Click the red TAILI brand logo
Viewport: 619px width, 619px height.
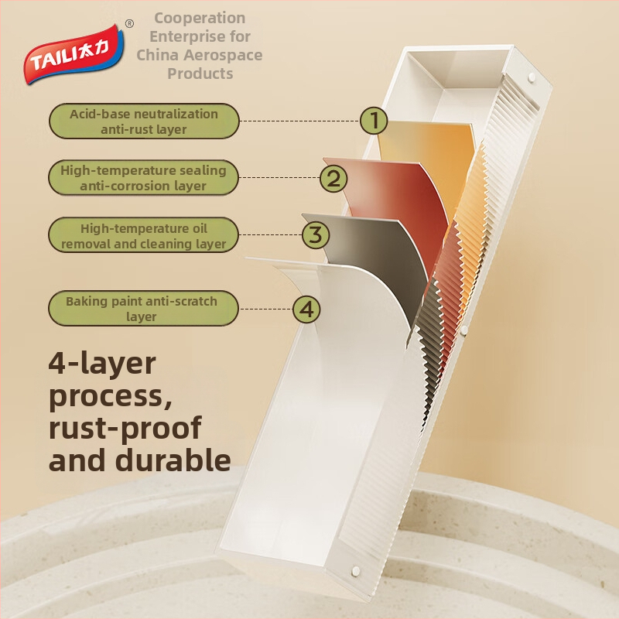pyautogui.click(x=74, y=54)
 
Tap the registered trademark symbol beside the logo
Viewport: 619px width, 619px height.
pyautogui.click(x=129, y=24)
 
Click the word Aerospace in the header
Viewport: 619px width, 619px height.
pyautogui.click(x=225, y=55)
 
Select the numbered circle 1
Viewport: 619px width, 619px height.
pyautogui.click(x=374, y=121)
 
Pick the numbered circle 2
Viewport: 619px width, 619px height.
pyautogui.click(x=333, y=178)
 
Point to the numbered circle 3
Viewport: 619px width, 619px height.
pyautogui.click(x=316, y=235)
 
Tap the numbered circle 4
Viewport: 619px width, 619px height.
pyautogui.click(x=306, y=309)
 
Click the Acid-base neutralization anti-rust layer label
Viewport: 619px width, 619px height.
pyautogui.click(x=144, y=121)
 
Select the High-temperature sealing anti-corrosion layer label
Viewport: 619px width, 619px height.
pyautogui.click(x=143, y=178)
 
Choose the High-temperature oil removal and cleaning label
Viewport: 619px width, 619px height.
pyautogui.click(x=143, y=235)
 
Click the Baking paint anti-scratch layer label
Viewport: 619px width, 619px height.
pyautogui.click(x=143, y=309)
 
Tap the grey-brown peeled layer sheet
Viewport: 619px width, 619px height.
pyautogui.click(x=379, y=253)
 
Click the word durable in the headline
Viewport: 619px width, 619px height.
pyautogui.click(x=173, y=460)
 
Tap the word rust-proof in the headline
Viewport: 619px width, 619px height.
pyautogui.click(x=125, y=429)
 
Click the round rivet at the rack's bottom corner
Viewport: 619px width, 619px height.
pyautogui.click(x=355, y=570)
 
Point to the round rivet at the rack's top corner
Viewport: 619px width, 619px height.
pyautogui.click(x=532, y=77)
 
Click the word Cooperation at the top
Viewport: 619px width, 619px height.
pyautogui.click(x=200, y=18)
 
